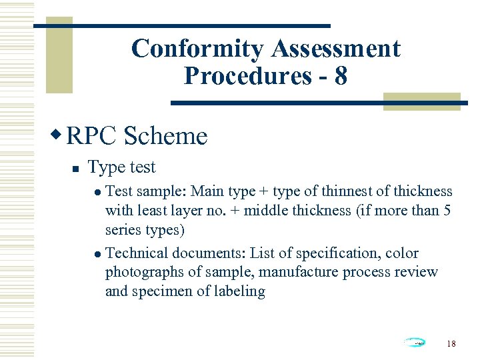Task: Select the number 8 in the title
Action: (x=341, y=76)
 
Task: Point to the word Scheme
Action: (x=166, y=136)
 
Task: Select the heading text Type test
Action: (x=121, y=167)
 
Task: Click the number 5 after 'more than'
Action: (x=447, y=211)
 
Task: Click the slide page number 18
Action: (x=451, y=343)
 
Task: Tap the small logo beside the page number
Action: (x=415, y=343)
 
